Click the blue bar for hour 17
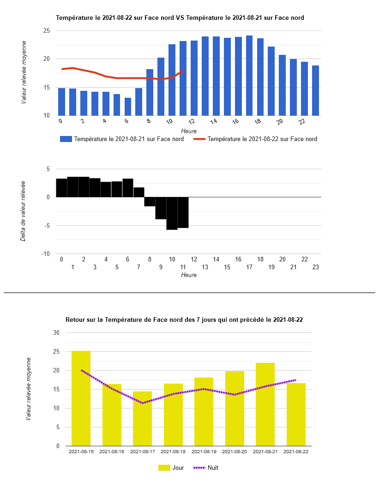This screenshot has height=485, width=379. point(249,76)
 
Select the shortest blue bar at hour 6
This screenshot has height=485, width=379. point(128,106)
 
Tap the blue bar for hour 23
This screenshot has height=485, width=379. point(315,90)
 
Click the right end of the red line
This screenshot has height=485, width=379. point(183,71)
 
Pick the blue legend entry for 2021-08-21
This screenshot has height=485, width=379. point(122,139)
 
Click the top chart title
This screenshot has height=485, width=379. point(180,18)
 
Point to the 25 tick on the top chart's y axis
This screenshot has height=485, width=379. point(46,31)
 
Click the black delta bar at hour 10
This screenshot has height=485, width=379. point(172,213)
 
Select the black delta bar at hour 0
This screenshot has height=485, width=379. point(61,188)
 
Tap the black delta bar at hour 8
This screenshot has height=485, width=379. point(150,201)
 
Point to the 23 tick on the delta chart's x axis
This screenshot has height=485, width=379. point(316,267)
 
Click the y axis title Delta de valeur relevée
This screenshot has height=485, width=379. point(23,211)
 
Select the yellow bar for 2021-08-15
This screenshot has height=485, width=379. point(81,398)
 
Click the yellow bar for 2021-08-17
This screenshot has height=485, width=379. point(142,419)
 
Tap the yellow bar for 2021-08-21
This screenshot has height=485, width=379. point(265,404)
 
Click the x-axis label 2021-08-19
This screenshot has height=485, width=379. point(204,452)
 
